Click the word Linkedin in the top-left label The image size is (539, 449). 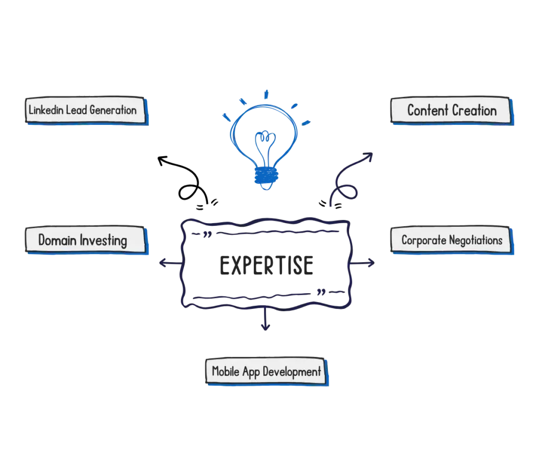click(46, 111)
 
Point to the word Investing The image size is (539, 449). click(104, 241)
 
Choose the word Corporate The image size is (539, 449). click(423, 241)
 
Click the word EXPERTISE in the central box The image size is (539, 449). click(267, 265)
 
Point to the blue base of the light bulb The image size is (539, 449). click(264, 177)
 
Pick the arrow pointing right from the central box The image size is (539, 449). click(367, 263)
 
